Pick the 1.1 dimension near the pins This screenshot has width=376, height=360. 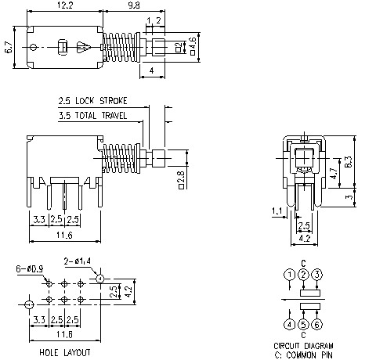pos(277,211)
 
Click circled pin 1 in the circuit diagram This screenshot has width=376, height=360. pos(290,274)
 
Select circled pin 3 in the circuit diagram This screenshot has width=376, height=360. pos(316,274)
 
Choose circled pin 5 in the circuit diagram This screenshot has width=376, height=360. pos(303,323)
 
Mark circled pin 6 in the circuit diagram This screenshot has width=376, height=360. pos(316,323)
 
